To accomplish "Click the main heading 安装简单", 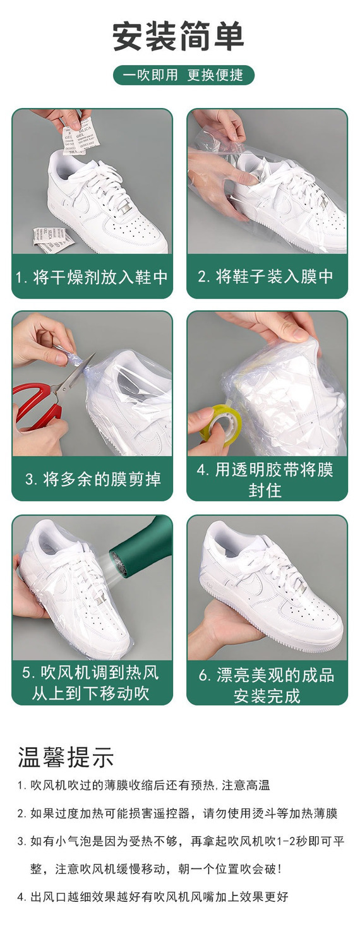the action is point(179,37).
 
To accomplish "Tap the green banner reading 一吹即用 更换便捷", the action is point(183,75).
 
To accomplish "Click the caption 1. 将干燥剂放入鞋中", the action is point(92,277).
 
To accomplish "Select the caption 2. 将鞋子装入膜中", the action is point(266,276).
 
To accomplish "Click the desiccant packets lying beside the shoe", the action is point(53,239).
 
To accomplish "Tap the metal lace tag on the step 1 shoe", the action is point(126,208).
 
